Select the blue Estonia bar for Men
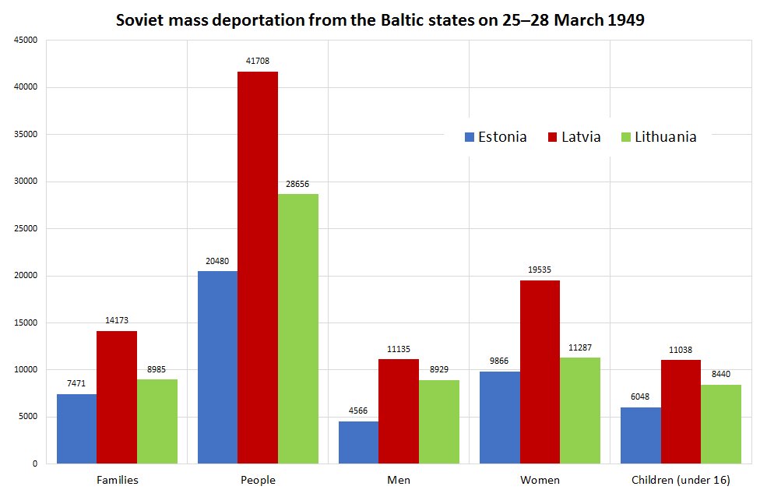pyautogui.click(x=358, y=442)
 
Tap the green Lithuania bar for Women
pyautogui.click(x=580, y=411)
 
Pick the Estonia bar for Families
pyautogui.click(x=76, y=428)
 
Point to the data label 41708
pyautogui.click(x=258, y=60)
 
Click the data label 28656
pyautogui.click(x=298, y=184)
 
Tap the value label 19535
pyautogui.click(x=540, y=270)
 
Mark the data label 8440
pyautogui.click(x=721, y=374)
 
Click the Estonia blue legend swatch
pyautogui.click(x=469, y=137)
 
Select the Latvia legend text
pyautogui.click(x=582, y=137)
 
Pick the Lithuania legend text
pyautogui.click(x=665, y=137)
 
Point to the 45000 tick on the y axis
pyautogui.click(x=26, y=41)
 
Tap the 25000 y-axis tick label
pyautogui.click(x=26, y=229)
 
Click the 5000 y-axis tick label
pyautogui.click(x=29, y=417)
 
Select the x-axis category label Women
pyautogui.click(x=540, y=480)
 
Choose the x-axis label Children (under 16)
pyautogui.click(x=681, y=480)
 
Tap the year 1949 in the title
pyautogui.click(x=625, y=20)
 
